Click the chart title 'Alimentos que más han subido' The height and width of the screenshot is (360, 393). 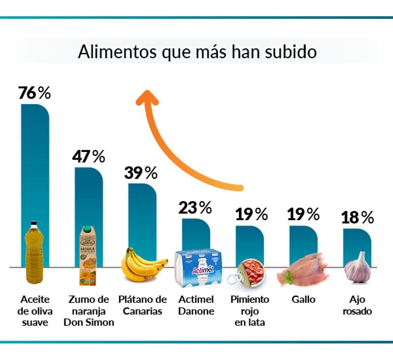point(197,52)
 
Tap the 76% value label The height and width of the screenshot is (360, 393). point(34,93)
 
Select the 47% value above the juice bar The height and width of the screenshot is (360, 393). point(88,156)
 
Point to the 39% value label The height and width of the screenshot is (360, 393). point(141,173)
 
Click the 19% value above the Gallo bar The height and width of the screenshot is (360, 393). point(303,214)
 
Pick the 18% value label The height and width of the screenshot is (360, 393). point(357,217)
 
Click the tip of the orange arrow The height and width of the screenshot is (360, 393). point(147,93)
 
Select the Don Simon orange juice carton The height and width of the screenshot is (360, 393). point(88,256)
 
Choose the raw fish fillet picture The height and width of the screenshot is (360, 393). point(303,269)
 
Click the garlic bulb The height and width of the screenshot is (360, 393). point(357,269)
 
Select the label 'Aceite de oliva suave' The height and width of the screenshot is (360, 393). point(35,311)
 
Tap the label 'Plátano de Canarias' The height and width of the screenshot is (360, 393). point(142,305)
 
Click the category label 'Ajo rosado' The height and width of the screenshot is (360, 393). point(357,305)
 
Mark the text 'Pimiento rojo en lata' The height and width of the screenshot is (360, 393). point(250,311)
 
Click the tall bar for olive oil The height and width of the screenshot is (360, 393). point(35,164)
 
